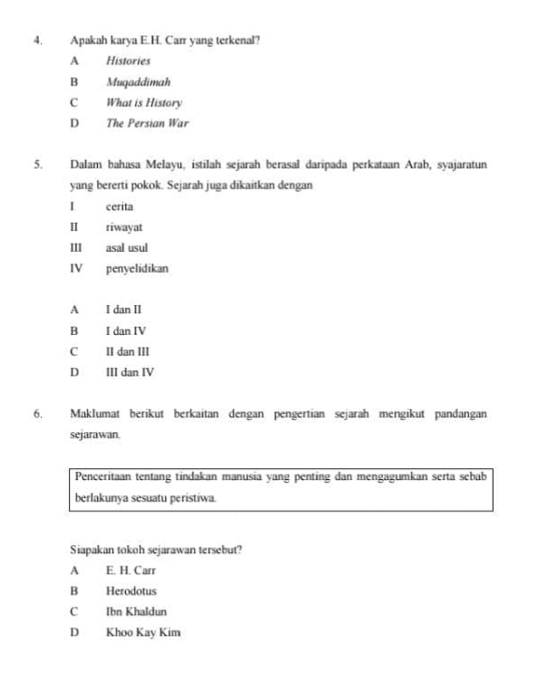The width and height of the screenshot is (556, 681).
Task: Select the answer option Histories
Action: (127, 62)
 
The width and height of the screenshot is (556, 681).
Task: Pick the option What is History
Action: (144, 103)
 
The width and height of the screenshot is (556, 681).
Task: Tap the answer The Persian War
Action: (147, 123)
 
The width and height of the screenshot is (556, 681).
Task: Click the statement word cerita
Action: (119, 207)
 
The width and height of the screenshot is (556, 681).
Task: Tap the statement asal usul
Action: (128, 248)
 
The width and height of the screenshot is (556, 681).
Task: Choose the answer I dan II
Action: (124, 311)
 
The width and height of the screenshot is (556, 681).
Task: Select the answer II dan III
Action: (128, 351)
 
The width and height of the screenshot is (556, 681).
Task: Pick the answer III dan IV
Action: (131, 372)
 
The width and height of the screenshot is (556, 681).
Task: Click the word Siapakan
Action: (94, 550)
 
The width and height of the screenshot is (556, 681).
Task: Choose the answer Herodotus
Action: (131, 591)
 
